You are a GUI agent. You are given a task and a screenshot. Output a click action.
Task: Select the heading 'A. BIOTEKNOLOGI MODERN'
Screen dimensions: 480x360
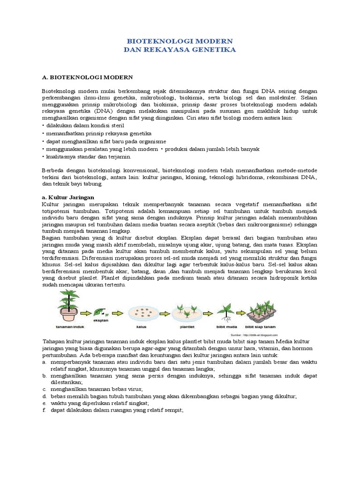(x=87, y=76)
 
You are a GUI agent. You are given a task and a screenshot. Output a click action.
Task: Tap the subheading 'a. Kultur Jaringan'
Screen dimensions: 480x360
(x=68, y=197)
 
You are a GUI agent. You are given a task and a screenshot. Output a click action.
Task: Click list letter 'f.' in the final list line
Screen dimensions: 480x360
(x=44, y=410)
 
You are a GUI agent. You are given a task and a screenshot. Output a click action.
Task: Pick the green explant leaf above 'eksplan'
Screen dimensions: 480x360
(x=99, y=311)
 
